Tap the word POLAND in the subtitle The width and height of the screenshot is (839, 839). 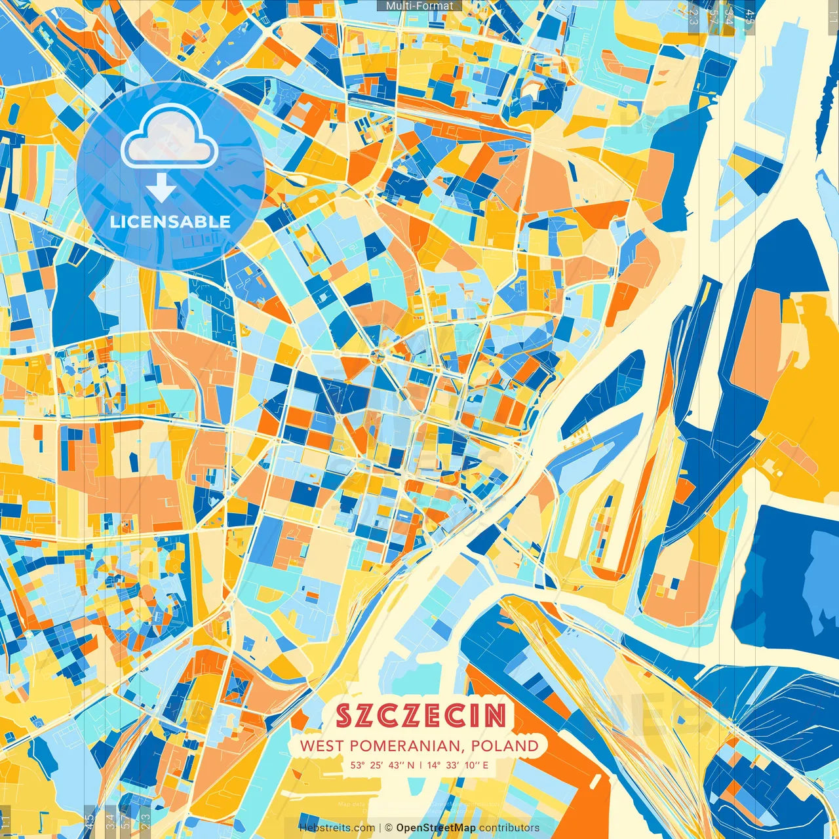[x=507, y=745]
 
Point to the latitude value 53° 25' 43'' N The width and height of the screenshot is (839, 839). [x=383, y=765]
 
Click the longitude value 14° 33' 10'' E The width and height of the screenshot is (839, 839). [x=458, y=765]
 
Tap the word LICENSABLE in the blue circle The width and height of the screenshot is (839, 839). [x=170, y=222]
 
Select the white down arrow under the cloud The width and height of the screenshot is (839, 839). [x=161, y=189]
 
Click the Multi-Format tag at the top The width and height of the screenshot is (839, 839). [x=419, y=6]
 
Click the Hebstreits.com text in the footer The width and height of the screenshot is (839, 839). [x=337, y=828]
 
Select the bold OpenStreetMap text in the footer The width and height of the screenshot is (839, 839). [x=436, y=828]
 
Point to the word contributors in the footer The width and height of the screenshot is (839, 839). [x=509, y=828]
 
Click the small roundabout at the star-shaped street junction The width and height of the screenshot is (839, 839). [x=377, y=356]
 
